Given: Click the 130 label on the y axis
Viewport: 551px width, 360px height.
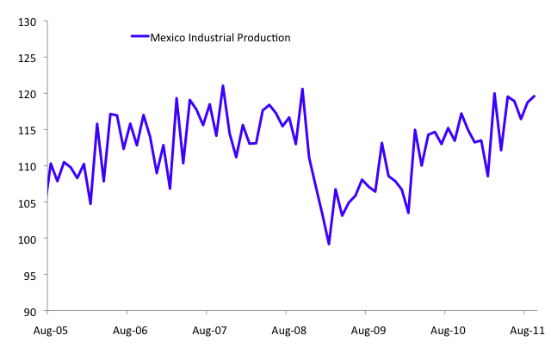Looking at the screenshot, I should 28,22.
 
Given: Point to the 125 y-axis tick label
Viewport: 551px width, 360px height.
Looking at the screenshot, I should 28,58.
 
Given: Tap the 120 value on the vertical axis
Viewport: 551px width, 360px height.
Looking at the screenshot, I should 28,94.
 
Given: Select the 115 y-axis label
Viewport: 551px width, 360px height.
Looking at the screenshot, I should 28,130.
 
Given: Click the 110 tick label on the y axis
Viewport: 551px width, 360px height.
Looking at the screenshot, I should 28,166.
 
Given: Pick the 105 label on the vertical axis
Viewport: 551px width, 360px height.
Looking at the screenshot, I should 28,203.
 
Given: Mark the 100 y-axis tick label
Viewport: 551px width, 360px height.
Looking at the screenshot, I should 28,239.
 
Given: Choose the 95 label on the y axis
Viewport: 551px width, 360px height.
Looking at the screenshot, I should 30,276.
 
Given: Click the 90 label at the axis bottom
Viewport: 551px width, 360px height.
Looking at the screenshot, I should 30,312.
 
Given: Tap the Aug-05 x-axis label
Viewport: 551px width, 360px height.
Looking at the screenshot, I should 47,329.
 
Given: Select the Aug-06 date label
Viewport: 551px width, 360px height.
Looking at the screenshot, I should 128,329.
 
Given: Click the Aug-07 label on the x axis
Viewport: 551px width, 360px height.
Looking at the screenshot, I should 207,329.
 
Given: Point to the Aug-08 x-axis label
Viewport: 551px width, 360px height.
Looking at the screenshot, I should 288,329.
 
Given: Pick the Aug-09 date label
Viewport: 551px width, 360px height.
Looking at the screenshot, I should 368,329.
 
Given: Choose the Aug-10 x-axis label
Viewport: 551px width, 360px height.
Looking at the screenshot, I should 448,329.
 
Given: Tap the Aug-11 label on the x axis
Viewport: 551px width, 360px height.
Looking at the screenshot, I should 527,329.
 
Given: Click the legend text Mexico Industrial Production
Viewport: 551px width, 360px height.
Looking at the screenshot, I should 220,37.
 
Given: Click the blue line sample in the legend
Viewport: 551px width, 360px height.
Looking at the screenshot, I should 139,37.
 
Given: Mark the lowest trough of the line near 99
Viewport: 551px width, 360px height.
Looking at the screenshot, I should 329,245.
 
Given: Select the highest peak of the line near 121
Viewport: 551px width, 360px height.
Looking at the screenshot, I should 223,86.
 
